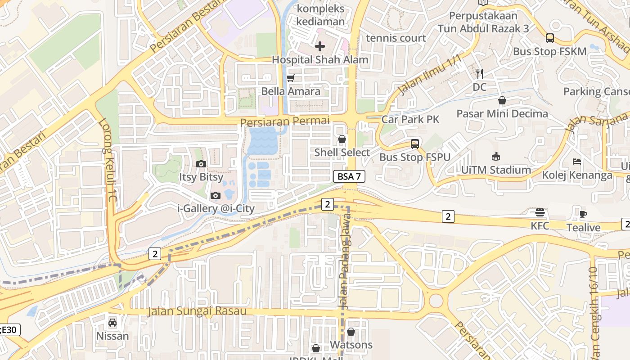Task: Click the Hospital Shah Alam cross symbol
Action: [x=319, y=46]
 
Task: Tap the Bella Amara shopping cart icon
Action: [x=291, y=78]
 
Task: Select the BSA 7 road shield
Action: [x=349, y=176]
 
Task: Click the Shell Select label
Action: [x=342, y=153]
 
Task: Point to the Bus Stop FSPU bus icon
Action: [x=415, y=144]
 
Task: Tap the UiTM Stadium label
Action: [x=496, y=170]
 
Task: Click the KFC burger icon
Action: [x=540, y=212]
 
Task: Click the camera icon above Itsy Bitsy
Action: [x=201, y=164]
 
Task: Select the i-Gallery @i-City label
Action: [x=216, y=208]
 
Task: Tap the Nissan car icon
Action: [x=112, y=323]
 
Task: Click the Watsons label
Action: [x=351, y=345]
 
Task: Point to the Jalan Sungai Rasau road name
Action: [x=198, y=311]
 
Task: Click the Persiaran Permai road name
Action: [x=285, y=121]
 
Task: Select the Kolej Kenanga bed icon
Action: [x=577, y=162]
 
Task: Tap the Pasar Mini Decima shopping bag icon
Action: [x=502, y=100]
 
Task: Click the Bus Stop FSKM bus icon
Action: [x=549, y=38]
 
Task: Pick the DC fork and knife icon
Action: [x=480, y=74]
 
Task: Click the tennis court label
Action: [x=396, y=38]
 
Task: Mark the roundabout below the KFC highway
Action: [x=436, y=301]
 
